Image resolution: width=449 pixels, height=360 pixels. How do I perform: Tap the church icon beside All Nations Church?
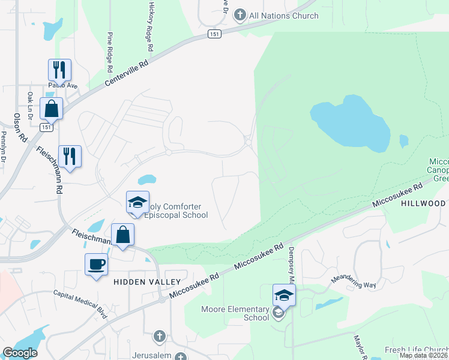point(240,14)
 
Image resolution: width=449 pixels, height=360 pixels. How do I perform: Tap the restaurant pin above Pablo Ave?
point(59,70)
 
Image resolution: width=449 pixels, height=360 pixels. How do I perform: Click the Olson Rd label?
point(19,127)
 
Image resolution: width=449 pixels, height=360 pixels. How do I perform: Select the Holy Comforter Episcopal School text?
point(174,211)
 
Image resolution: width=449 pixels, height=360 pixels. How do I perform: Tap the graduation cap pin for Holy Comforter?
point(137,203)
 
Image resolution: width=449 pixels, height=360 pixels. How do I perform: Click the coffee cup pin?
point(96,264)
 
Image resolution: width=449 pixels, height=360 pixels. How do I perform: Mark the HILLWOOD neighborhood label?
point(424,203)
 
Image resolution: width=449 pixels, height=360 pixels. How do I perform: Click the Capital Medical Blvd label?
point(77,300)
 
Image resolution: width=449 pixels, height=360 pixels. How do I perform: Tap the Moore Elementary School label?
point(234,314)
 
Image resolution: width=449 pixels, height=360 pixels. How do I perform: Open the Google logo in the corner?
point(20,353)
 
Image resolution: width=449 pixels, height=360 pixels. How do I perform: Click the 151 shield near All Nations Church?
point(214,34)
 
